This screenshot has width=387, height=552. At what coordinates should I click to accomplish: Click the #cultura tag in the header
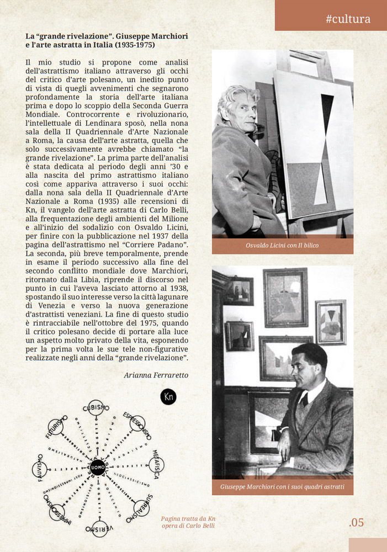pos(348,19)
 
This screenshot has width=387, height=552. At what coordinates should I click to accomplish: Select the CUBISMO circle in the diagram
pos(96,407)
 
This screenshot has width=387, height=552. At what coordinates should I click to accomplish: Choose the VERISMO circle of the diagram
pos(100,528)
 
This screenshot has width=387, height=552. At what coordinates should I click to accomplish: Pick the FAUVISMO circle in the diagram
pos(40,470)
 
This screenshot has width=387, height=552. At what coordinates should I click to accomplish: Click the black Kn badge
pos(168,397)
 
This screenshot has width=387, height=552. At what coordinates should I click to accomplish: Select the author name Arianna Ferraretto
pos(156,375)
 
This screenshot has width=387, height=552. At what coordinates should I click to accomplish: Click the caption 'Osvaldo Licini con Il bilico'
pos(282,246)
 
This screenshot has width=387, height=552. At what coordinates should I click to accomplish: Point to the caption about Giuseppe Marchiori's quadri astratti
pos(282,487)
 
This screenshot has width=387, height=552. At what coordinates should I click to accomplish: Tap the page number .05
pos(357,522)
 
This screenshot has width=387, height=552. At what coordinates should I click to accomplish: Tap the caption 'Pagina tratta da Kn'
pos(188,518)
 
